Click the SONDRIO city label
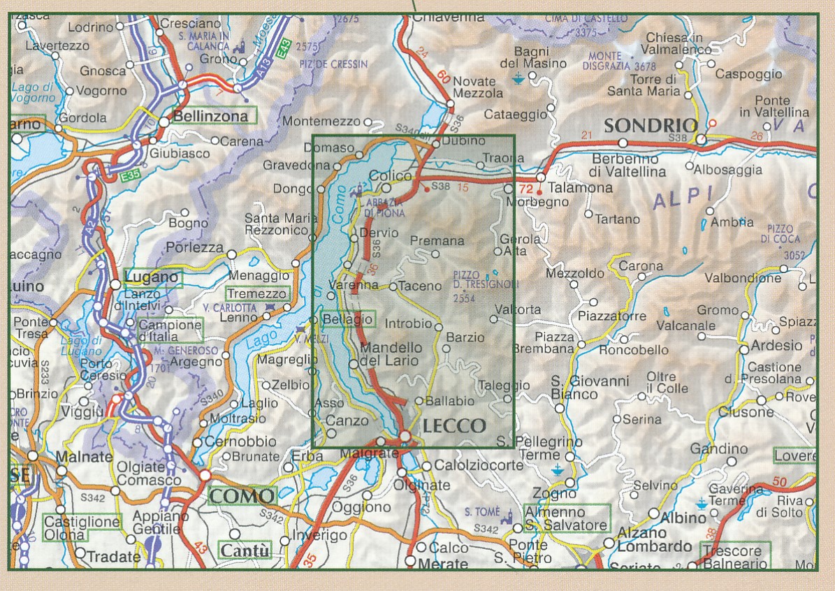point(650,126)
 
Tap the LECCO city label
point(454,425)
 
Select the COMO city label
point(242,497)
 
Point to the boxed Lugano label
point(152,278)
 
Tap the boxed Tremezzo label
point(256,295)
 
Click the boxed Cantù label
point(245,550)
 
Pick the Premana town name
point(437,241)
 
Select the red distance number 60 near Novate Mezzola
point(444,76)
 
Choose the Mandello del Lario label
point(391,354)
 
